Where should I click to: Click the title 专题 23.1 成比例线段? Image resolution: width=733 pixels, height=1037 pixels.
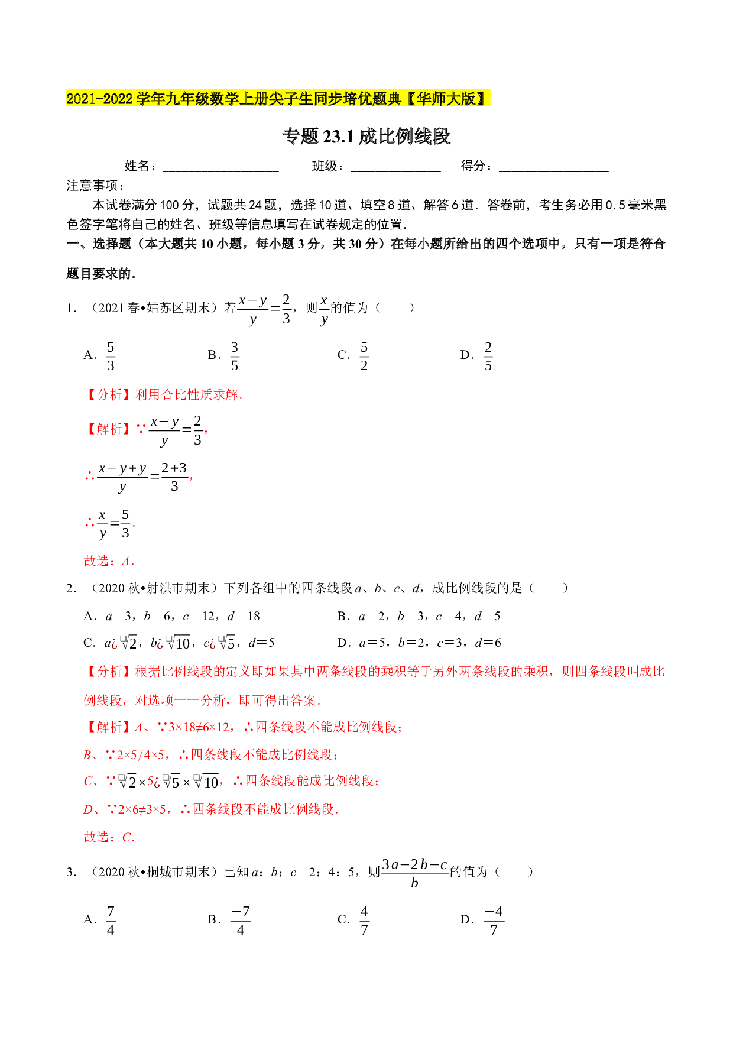pyautogui.click(x=367, y=137)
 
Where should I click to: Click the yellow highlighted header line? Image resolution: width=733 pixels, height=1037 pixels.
pyautogui.click(x=278, y=98)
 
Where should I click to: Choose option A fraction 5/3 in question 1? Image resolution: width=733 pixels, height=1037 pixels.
pyautogui.click(x=111, y=356)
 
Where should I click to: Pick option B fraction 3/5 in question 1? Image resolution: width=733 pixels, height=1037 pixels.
pyautogui.click(x=235, y=356)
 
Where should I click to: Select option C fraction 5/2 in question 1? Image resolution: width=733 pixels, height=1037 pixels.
pyautogui.click(x=364, y=356)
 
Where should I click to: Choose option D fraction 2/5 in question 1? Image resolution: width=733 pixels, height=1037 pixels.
pyautogui.click(x=488, y=356)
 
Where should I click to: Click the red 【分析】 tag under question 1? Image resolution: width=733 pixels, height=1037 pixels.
pyautogui.click(x=109, y=395)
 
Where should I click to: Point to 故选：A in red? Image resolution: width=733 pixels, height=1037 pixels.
pyautogui.click(x=109, y=561)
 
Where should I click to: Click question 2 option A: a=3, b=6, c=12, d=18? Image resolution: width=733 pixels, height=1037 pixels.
pyautogui.click(x=172, y=616)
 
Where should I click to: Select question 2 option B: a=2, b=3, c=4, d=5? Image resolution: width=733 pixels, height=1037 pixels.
pyautogui.click(x=419, y=616)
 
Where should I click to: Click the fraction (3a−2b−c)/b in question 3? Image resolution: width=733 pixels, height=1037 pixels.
pyautogui.click(x=414, y=873)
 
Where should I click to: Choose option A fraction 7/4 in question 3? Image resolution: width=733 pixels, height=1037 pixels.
pyautogui.click(x=111, y=921)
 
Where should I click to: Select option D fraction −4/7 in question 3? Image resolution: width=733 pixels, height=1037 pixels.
pyautogui.click(x=494, y=921)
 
